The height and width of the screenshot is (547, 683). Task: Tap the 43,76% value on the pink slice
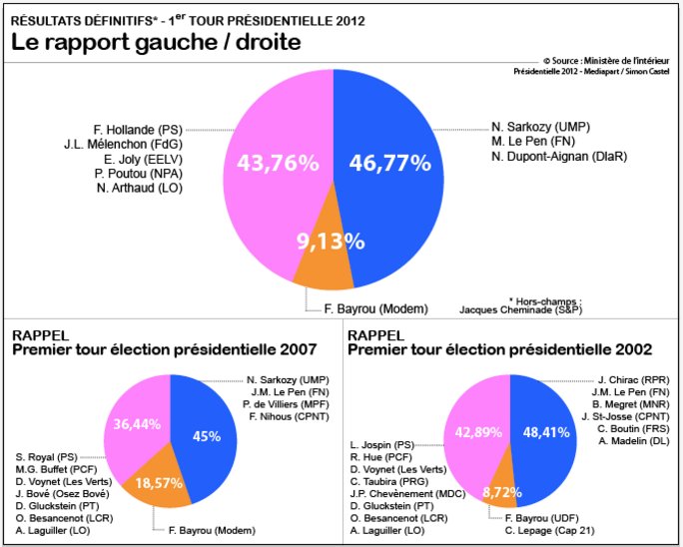point(278,163)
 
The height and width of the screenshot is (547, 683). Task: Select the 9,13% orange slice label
point(329,241)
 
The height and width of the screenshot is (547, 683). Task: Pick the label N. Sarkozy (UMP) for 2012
point(536,127)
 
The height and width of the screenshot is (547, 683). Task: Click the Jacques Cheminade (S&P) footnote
point(520,309)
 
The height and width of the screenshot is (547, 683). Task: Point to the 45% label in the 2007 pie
point(206,435)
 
